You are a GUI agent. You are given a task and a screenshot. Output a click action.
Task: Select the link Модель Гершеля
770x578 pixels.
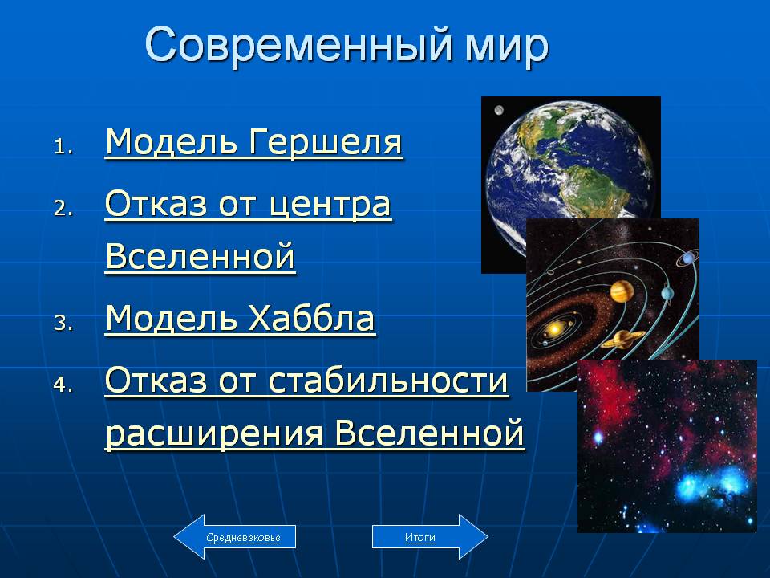(x=254, y=143)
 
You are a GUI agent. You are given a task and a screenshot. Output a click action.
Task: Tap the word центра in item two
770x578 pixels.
(x=330, y=205)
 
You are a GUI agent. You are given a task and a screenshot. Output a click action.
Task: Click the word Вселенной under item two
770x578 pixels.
(x=201, y=256)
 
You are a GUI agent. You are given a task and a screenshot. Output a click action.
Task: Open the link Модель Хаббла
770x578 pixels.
(x=241, y=319)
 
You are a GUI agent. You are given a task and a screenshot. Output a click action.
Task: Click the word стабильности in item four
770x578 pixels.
(x=388, y=381)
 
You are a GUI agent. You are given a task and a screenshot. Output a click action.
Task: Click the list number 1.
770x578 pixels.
(x=63, y=147)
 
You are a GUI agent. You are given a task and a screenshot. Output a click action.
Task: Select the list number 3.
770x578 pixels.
(x=63, y=323)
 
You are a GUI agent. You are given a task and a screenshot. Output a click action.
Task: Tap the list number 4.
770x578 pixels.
(x=63, y=385)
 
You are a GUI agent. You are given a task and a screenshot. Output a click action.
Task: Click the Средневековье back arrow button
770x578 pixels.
(x=235, y=537)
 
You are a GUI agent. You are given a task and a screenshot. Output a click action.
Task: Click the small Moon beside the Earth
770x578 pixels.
(x=499, y=110)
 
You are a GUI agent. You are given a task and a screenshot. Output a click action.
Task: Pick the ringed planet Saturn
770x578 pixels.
(x=622, y=339)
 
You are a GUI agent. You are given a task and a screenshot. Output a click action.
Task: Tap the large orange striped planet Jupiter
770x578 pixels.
(x=621, y=291)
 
